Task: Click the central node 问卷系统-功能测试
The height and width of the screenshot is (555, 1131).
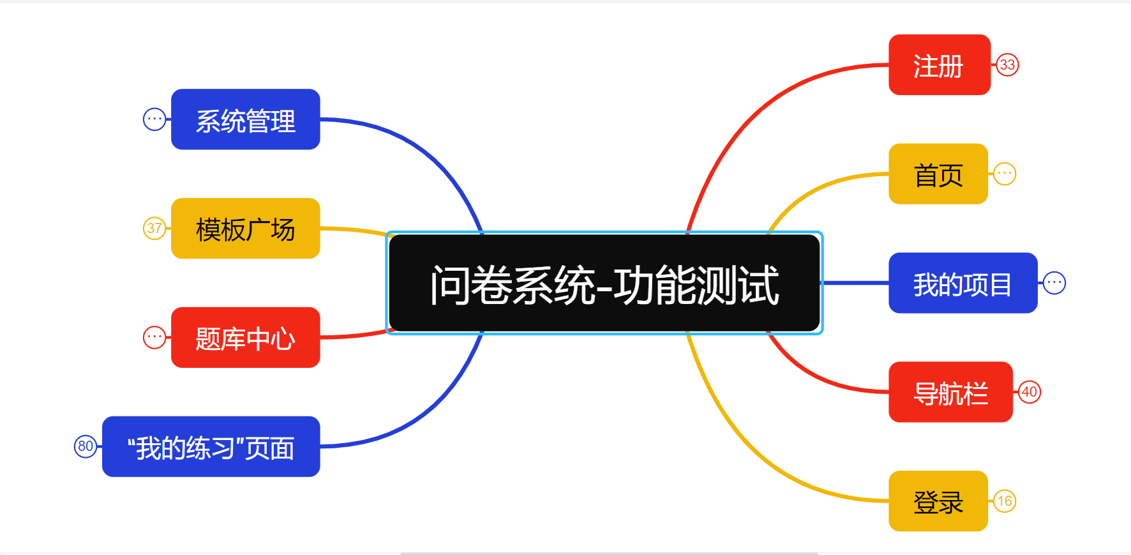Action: pyautogui.click(x=604, y=283)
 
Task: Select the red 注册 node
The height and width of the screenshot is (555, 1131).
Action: pyautogui.click(x=939, y=65)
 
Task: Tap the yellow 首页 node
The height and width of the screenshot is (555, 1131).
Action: pyautogui.click(x=938, y=174)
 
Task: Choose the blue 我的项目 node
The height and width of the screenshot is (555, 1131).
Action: pyautogui.click(x=962, y=283)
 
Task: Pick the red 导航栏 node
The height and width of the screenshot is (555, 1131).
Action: pyautogui.click(x=950, y=392)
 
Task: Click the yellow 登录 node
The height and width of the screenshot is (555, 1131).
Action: pyautogui.click(x=938, y=501)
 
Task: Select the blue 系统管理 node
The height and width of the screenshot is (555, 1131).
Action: pyautogui.click(x=245, y=119)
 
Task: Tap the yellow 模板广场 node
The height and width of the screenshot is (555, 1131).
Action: pyautogui.click(x=245, y=229)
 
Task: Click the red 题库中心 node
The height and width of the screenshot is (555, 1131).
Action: pyautogui.click(x=245, y=338)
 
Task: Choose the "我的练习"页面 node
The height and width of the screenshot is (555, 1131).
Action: pyautogui.click(x=211, y=447)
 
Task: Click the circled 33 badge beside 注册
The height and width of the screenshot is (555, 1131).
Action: pyautogui.click(x=1007, y=65)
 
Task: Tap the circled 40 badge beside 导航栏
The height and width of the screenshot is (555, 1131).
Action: pyautogui.click(x=1030, y=392)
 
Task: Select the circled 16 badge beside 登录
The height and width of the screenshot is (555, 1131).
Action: pyautogui.click(x=1005, y=501)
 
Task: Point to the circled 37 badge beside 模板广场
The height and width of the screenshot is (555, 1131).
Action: pyautogui.click(x=154, y=228)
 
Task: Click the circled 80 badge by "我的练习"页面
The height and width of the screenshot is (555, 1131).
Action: pyautogui.click(x=86, y=446)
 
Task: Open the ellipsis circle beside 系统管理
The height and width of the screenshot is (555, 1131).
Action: pyautogui.click(x=154, y=119)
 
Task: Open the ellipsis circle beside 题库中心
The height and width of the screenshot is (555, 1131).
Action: pyautogui.click(x=154, y=337)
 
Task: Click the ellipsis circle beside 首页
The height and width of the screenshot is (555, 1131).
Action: pyautogui.click(x=1005, y=174)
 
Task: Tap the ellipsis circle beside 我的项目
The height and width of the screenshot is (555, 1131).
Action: pyautogui.click(x=1054, y=282)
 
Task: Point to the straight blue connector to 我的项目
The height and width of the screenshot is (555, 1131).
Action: pyautogui.click(x=855, y=283)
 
